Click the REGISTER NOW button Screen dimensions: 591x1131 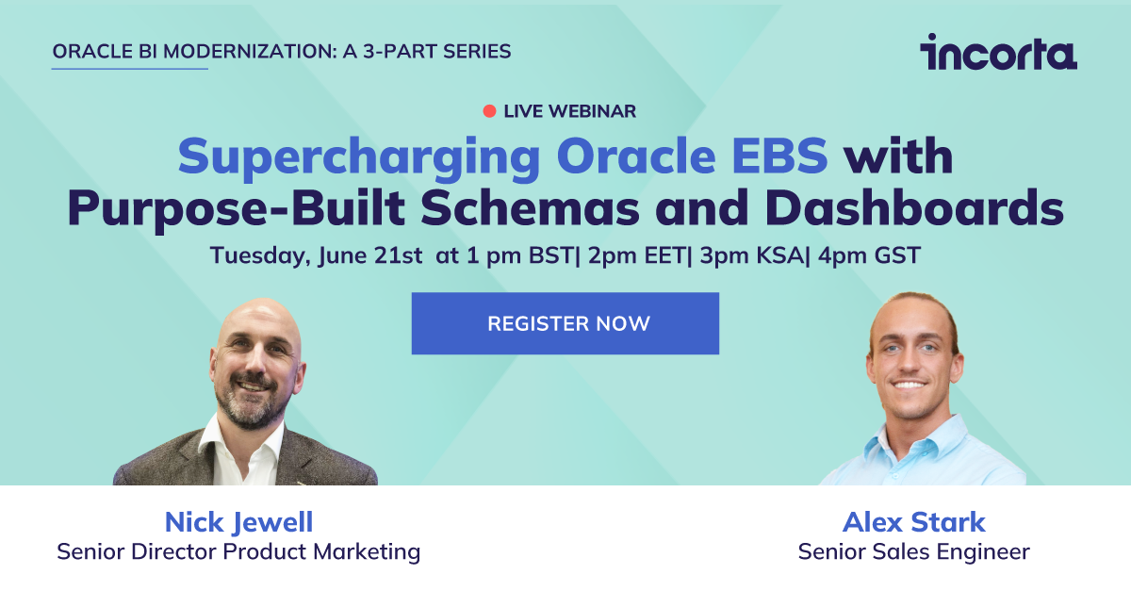click(565, 323)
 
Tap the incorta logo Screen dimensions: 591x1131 click(998, 53)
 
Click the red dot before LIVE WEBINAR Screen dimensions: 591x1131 click(489, 111)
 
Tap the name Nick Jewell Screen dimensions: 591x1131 click(238, 521)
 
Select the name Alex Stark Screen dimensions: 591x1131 click(913, 521)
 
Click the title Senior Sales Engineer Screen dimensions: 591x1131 click(913, 551)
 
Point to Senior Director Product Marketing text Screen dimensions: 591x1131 click(238, 551)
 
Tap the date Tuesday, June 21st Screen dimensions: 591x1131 click(317, 255)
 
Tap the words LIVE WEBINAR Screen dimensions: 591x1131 click(570, 111)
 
